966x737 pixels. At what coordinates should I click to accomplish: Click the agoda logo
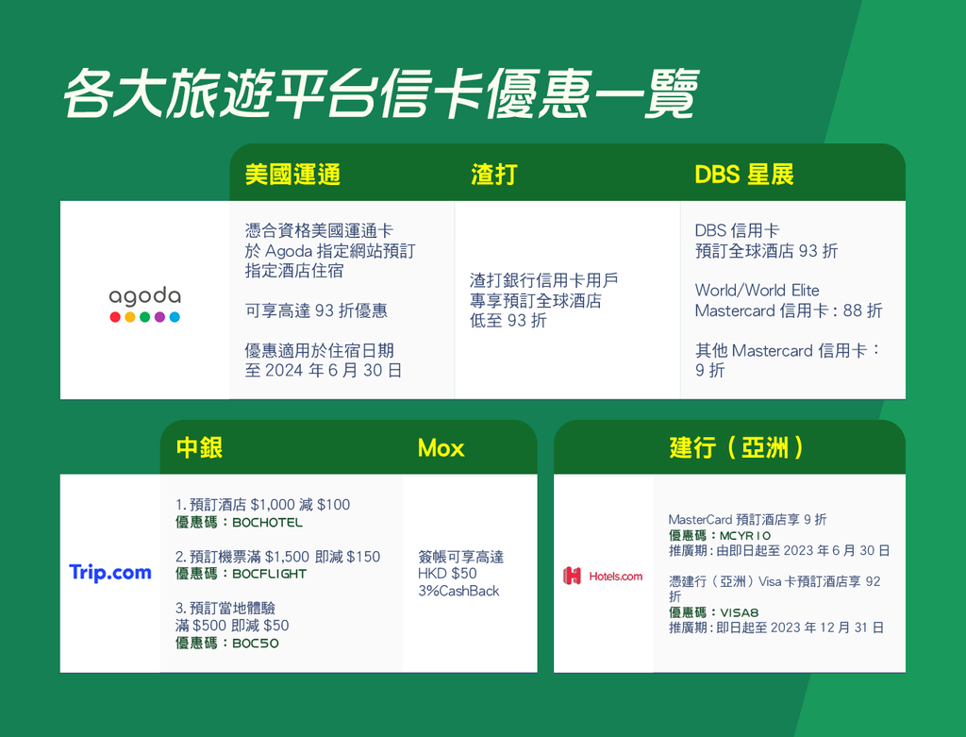(x=144, y=305)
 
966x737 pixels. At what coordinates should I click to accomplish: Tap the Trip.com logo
(x=110, y=573)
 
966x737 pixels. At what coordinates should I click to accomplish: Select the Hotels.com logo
(x=603, y=577)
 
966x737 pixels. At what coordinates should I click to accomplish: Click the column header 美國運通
(x=292, y=175)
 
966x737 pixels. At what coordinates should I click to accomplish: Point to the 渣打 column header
(x=494, y=175)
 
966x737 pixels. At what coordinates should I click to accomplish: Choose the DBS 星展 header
(x=744, y=175)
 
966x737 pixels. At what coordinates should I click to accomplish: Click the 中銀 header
(x=199, y=447)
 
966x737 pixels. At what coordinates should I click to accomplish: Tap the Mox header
(x=441, y=448)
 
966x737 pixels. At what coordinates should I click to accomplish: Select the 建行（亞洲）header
(x=736, y=447)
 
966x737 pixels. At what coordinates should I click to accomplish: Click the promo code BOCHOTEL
(x=267, y=523)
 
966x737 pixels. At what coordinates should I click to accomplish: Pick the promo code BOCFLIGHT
(x=269, y=574)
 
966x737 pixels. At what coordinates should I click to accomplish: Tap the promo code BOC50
(x=256, y=644)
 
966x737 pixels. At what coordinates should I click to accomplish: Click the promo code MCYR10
(x=745, y=536)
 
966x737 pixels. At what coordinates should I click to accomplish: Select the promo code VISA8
(x=740, y=613)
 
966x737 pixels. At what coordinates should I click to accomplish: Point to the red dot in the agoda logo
(x=115, y=317)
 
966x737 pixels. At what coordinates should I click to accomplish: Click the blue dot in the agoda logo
(x=175, y=317)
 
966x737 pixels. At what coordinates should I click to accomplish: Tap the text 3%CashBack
(x=458, y=591)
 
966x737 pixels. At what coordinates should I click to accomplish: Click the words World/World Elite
(x=758, y=291)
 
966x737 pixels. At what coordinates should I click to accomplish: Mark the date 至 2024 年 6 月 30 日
(x=324, y=370)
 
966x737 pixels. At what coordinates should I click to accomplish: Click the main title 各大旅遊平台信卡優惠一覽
(x=381, y=93)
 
